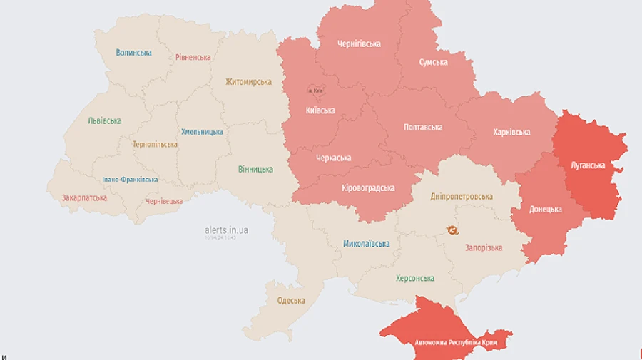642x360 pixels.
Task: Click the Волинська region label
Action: coord(133,53)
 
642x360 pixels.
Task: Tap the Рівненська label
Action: coord(193,57)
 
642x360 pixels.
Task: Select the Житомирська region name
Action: coord(248,82)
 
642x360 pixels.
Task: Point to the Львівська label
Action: coord(104,121)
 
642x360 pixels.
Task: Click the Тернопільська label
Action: coord(155,144)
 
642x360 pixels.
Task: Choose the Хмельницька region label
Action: coord(202,132)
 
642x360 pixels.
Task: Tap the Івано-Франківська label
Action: coord(130,180)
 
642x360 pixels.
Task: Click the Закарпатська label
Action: coord(84,197)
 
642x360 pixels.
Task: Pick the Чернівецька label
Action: coord(164,202)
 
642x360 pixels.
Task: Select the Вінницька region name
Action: coord(255,169)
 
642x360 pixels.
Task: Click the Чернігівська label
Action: coord(359,43)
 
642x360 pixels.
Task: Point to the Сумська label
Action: coord(433,62)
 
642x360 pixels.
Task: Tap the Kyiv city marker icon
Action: coord(315,91)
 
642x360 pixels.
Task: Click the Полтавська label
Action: coord(422,127)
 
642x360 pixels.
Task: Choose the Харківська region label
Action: coord(511,132)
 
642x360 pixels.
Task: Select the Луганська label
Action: coord(588,165)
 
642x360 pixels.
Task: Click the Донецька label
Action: coord(545,209)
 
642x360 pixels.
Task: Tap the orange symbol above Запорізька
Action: coord(452,230)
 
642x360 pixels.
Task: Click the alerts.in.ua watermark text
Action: coord(226,230)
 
